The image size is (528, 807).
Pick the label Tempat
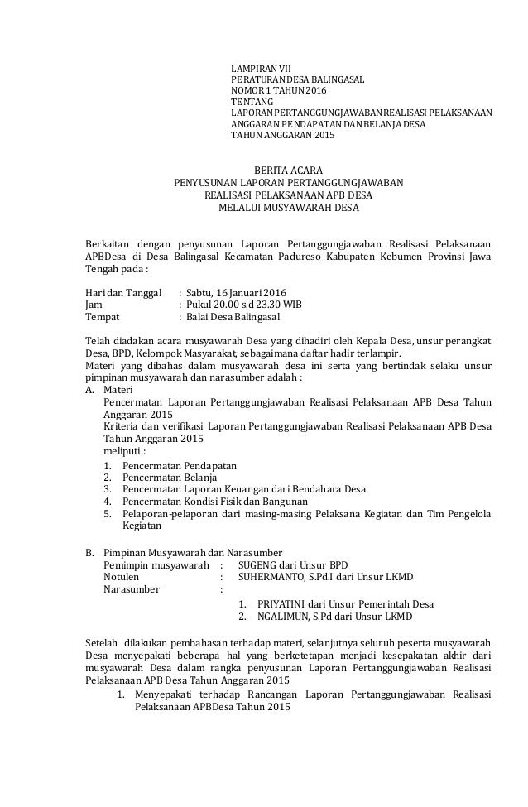[103, 317]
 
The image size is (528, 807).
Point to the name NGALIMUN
[282, 617]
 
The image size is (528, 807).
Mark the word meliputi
[121, 452]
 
